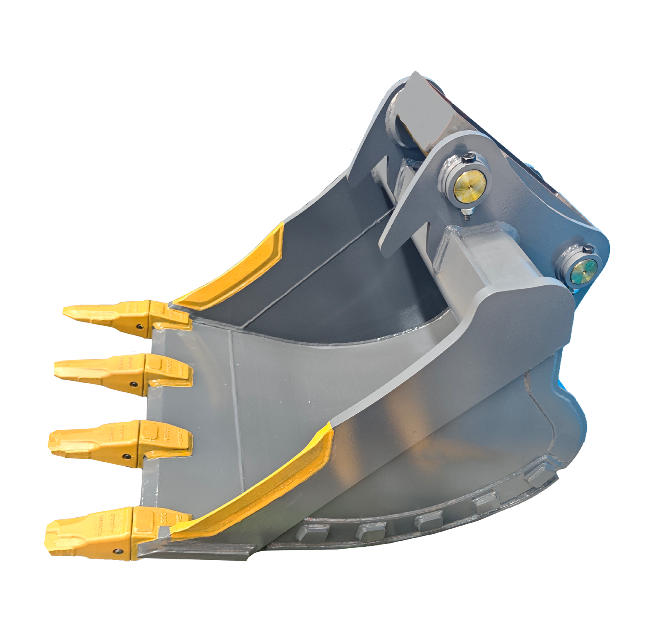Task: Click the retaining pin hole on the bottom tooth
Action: [x=119, y=551]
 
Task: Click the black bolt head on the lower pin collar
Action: [x=588, y=250]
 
